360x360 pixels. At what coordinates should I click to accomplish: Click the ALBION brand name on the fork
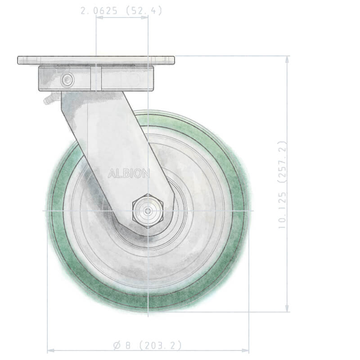(x=129, y=174)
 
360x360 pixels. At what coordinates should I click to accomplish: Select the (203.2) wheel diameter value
(x=160, y=345)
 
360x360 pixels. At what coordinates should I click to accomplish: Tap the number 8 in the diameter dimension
(x=128, y=345)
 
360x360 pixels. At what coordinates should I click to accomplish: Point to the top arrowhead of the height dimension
(x=287, y=59)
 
